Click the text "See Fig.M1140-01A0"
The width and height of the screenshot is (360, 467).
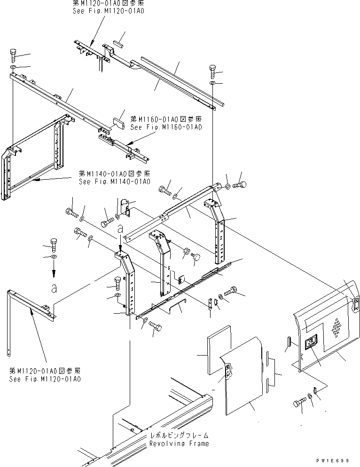[x=114, y=182]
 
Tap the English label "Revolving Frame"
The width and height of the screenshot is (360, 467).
[x=179, y=443]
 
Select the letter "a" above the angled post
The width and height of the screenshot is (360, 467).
[x=121, y=229]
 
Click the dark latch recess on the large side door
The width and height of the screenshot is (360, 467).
[x=311, y=344]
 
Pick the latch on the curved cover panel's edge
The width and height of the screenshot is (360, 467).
[x=229, y=372]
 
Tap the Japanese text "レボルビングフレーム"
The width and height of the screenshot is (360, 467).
[x=179, y=435]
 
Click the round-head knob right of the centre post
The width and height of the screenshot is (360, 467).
[x=196, y=257]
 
